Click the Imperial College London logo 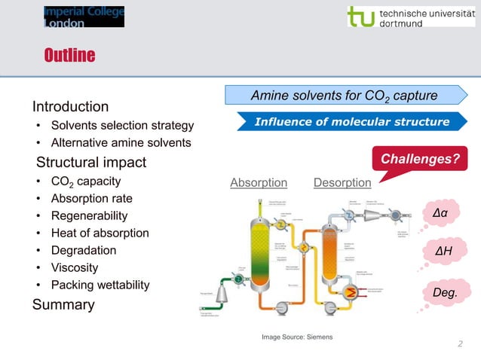click(83, 17)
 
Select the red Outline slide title click(69, 56)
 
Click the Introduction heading click(70, 106)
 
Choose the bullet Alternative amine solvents click(121, 142)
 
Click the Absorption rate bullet click(91, 199)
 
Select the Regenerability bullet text click(89, 216)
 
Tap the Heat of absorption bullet click(100, 233)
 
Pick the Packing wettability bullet click(100, 285)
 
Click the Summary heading click(63, 304)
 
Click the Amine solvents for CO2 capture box click(343, 96)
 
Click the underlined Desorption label click(342, 183)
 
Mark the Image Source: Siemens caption click(296, 336)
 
